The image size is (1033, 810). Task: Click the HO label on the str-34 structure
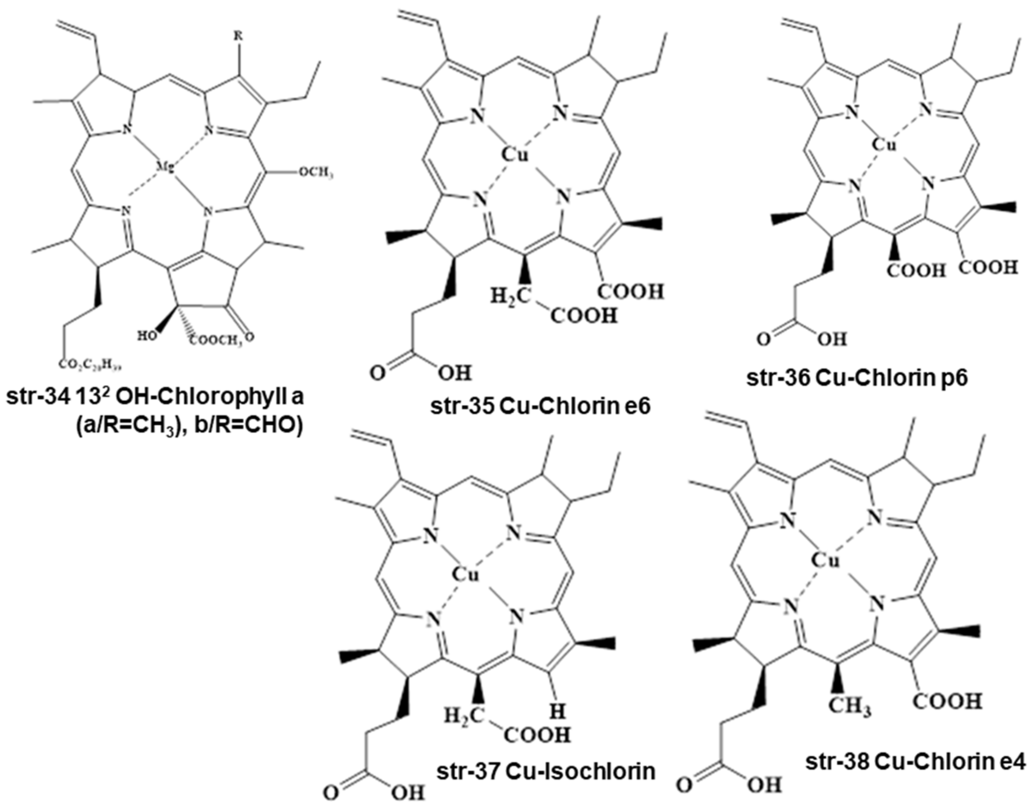[x=146, y=336]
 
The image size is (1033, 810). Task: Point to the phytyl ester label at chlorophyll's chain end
[x=92, y=364]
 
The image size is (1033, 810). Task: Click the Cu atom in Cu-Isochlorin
[x=465, y=575]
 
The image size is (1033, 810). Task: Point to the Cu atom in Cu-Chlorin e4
[x=826, y=561]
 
